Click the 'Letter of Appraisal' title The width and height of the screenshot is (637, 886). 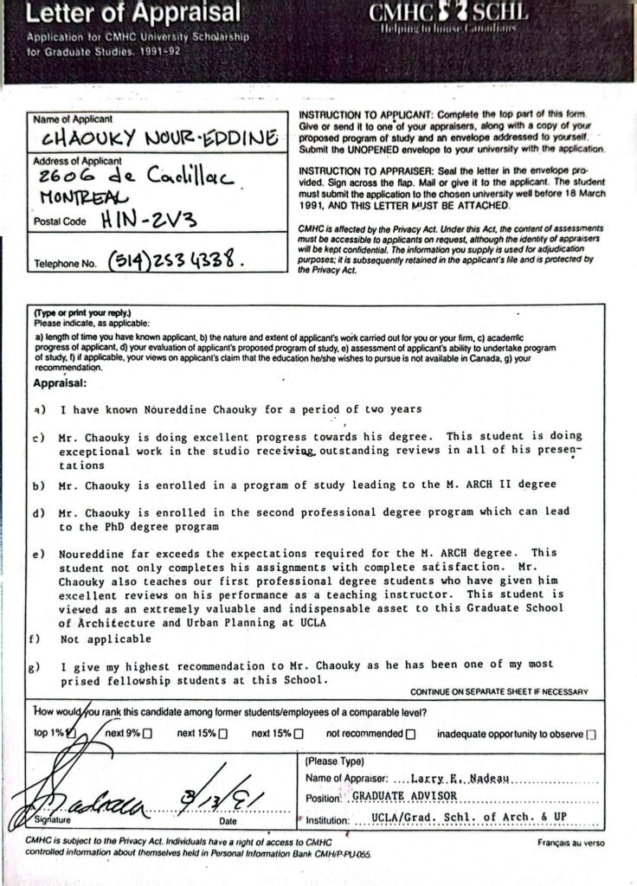pyautogui.click(x=134, y=13)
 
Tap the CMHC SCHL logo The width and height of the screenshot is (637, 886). pyautogui.click(x=448, y=15)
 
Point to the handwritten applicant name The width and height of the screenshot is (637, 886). pyautogui.click(x=160, y=138)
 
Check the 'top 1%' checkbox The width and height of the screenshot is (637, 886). pyautogui.click(x=72, y=734)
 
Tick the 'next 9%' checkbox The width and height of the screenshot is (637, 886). pyautogui.click(x=147, y=734)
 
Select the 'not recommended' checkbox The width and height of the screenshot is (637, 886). pyautogui.click(x=410, y=734)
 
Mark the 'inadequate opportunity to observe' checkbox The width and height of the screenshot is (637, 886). pyautogui.click(x=591, y=735)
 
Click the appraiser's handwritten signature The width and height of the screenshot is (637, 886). pyautogui.click(x=78, y=796)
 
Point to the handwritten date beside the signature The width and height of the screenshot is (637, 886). pyautogui.click(x=224, y=793)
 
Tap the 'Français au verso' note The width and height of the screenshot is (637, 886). pyautogui.click(x=570, y=842)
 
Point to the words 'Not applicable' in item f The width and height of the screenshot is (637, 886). pyautogui.click(x=106, y=639)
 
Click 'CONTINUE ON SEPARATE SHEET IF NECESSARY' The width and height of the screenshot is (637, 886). pyautogui.click(x=499, y=691)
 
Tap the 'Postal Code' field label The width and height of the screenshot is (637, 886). pyautogui.click(x=59, y=221)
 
